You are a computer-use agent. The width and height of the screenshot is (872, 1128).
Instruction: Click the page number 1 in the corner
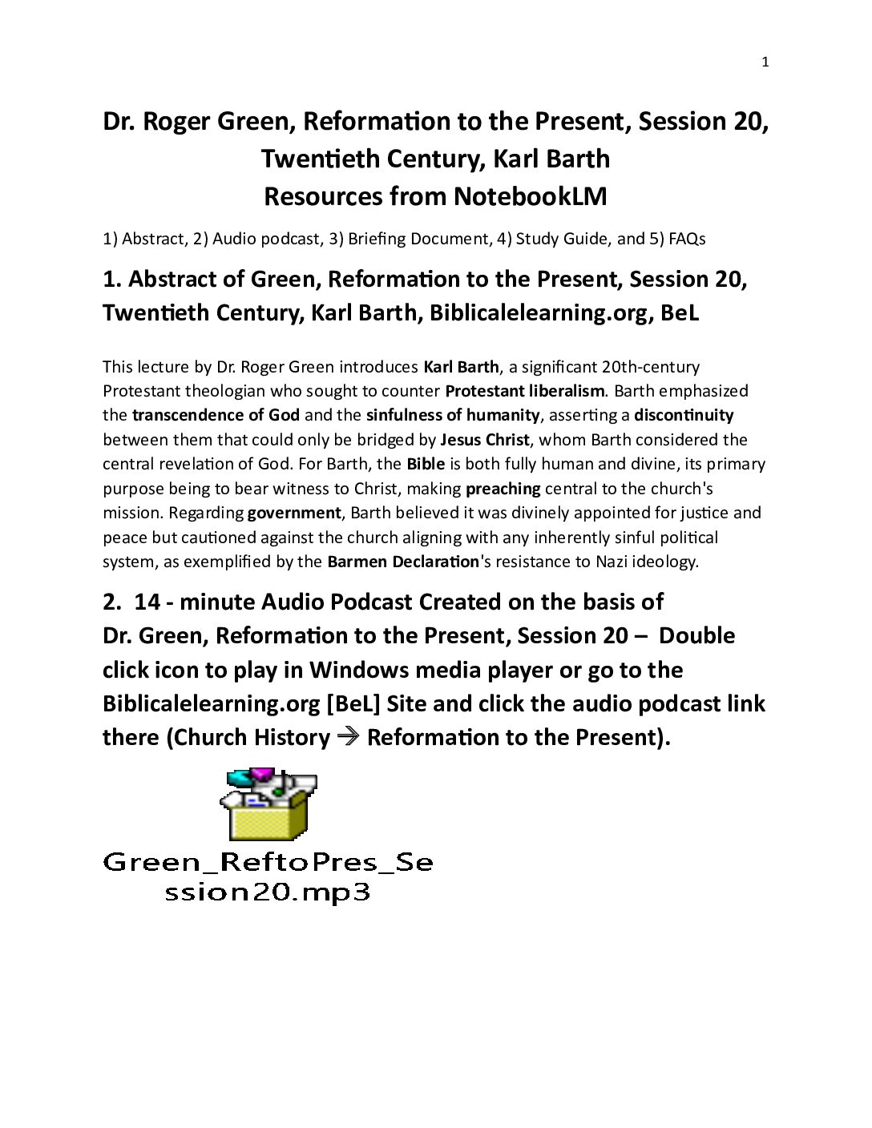coord(765,62)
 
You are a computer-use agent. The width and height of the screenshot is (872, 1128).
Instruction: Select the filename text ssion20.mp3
coord(268,892)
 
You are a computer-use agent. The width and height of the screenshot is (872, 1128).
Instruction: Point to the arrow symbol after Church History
coord(348,737)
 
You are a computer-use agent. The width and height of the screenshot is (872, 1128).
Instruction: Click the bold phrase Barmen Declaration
coord(402,562)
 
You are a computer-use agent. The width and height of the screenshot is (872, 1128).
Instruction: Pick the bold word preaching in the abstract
coord(503,489)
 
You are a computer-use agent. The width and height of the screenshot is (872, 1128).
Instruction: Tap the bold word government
coord(294,513)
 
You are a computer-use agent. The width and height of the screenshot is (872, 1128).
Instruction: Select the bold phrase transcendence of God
coord(216,415)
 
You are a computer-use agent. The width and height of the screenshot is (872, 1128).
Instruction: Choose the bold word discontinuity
coord(684,415)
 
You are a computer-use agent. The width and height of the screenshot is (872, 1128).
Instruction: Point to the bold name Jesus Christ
coord(485,440)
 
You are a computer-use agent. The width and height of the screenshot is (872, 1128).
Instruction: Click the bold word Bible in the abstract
coord(426,464)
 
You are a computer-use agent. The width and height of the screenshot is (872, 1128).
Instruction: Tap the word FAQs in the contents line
coord(687,239)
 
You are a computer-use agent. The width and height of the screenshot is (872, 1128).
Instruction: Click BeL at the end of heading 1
coord(680,312)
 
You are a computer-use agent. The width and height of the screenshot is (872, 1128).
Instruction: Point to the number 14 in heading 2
coord(147,602)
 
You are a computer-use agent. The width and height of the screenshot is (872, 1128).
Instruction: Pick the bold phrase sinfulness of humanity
coord(453,415)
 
